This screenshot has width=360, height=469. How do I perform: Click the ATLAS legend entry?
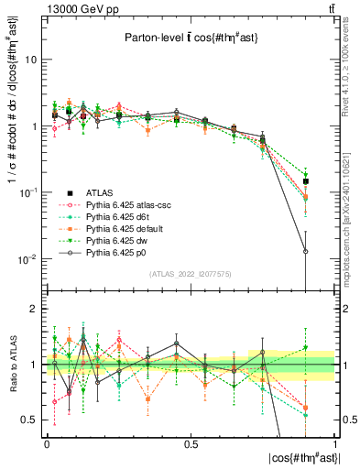(98, 192)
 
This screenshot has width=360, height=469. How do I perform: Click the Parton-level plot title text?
(191, 38)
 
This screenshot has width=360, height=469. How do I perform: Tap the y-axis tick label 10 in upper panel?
(29, 60)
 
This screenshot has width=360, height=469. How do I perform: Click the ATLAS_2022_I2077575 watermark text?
(191, 274)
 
